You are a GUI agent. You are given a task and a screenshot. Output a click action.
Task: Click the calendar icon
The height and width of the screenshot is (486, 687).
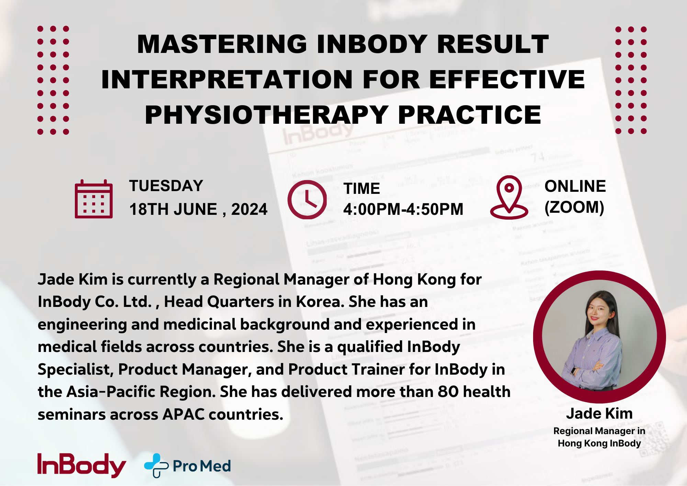(93, 199)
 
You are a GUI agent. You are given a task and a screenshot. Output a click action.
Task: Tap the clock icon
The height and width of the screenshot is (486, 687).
(307, 199)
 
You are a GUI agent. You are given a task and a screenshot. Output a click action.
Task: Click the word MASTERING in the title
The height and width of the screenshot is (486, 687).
(222, 44)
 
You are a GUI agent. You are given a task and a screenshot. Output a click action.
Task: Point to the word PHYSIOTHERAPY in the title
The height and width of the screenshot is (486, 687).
(267, 115)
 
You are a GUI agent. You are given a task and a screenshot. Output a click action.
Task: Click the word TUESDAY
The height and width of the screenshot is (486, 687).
(166, 186)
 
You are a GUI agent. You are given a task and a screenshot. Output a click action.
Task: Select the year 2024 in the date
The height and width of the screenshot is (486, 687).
(249, 209)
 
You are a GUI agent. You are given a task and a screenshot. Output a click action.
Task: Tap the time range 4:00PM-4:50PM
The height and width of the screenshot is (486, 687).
(403, 209)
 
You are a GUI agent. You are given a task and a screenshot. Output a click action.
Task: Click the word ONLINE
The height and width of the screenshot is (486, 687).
(575, 186)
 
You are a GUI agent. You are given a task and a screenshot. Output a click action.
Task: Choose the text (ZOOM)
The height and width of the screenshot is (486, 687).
(574, 207)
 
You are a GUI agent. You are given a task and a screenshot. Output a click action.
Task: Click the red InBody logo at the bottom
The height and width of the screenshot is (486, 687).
(81, 465)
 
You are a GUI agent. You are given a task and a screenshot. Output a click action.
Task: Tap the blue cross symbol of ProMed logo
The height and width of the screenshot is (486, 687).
(156, 465)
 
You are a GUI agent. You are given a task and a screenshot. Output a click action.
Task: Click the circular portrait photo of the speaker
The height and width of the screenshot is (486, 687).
(599, 337)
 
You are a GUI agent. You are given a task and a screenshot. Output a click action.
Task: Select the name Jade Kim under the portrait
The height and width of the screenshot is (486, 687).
(599, 413)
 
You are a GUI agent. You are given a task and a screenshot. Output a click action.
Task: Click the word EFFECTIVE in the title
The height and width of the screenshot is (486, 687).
(507, 80)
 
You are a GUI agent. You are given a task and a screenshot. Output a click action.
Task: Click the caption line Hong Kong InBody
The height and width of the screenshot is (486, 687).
(599, 443)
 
